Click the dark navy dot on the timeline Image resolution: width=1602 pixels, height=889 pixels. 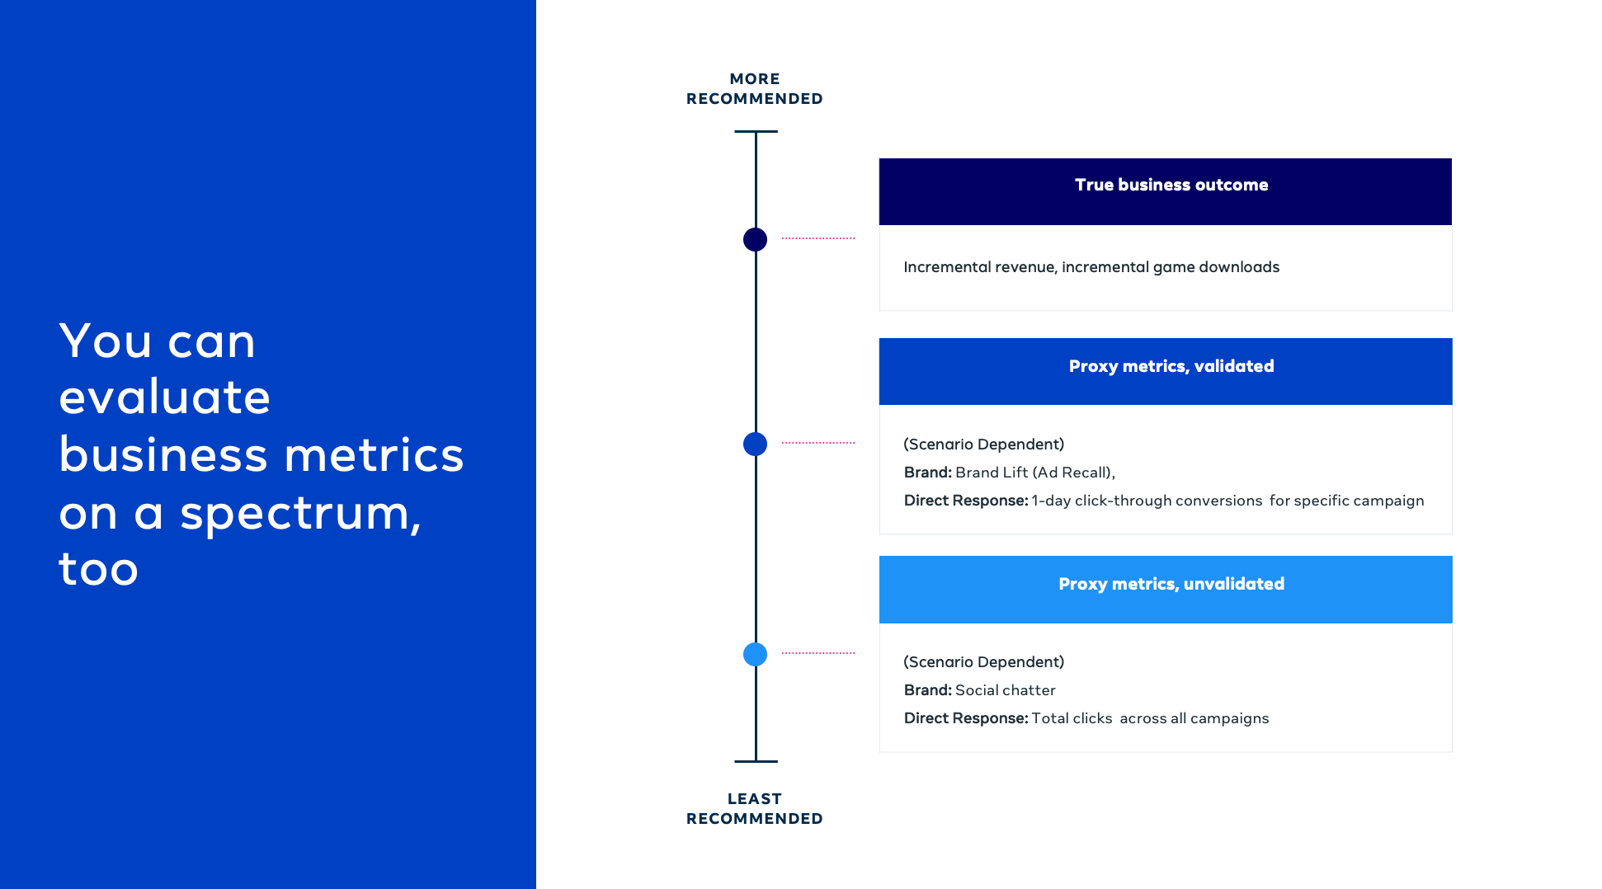[x=755, y=239]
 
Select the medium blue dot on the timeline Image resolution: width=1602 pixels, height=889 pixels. [x=755, y=444]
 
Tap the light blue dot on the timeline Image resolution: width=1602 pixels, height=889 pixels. [x=755, y=654]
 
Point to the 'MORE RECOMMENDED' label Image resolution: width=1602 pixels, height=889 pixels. [x=754, y=89]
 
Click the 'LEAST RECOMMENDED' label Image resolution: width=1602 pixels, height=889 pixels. [x=754, y=809]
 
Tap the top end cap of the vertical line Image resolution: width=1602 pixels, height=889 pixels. [x=756, y=131]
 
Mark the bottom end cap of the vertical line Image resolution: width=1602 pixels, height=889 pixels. [x=756, y=761]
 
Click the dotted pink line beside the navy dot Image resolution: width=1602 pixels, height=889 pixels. [x=818, y=238]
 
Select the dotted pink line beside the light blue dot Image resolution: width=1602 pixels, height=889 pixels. [x=818, y=653]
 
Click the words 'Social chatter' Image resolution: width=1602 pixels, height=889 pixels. [x=1005, y=690]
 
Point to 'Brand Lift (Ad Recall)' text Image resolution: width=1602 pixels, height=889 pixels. [x=1033, y=473]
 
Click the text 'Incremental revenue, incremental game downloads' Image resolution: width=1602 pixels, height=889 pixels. [x=1091, y=267]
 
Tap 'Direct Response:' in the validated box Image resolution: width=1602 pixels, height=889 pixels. [x=966, y=501]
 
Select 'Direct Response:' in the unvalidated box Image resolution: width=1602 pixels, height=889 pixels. [x=966, y=718]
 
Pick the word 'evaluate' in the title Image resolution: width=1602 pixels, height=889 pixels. [x=165, y=397]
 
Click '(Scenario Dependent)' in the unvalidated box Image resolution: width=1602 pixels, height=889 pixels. [x=984, y=662]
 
